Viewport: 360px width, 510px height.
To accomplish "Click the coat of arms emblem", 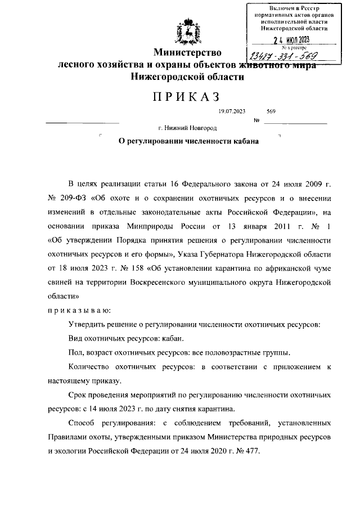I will (x=187, y=32).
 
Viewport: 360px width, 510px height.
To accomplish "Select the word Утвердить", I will (x=86, y=325).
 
